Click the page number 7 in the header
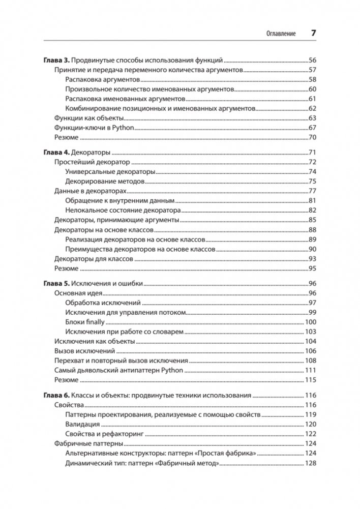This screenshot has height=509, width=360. coord(314,33)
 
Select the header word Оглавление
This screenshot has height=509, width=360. coord(281,34)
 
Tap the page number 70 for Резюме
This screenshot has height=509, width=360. coord(312,138)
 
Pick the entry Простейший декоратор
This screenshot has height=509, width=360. coord(92,162)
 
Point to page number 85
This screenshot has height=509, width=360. coord(312,220)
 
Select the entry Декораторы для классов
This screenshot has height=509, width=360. coord(94,259)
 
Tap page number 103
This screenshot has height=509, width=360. coord(311,332)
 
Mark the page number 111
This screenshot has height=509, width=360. coord(311,371)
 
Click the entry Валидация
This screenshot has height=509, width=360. coord(82,424)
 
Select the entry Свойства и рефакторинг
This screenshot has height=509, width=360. coord(105,434)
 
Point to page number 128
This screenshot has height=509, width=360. coord(311,463)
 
